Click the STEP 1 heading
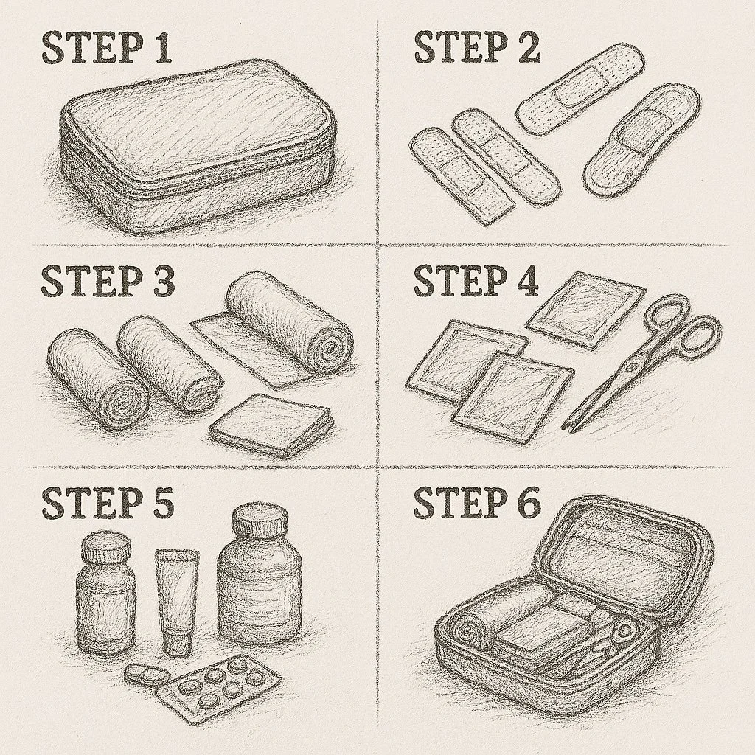pos(107,48)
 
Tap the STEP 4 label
pos(476,281)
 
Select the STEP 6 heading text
pos(477,503)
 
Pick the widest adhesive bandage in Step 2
pos(641,141)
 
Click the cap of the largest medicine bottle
pos(260,523)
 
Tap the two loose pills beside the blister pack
pos(147,674)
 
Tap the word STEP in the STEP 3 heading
pos(87,281)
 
